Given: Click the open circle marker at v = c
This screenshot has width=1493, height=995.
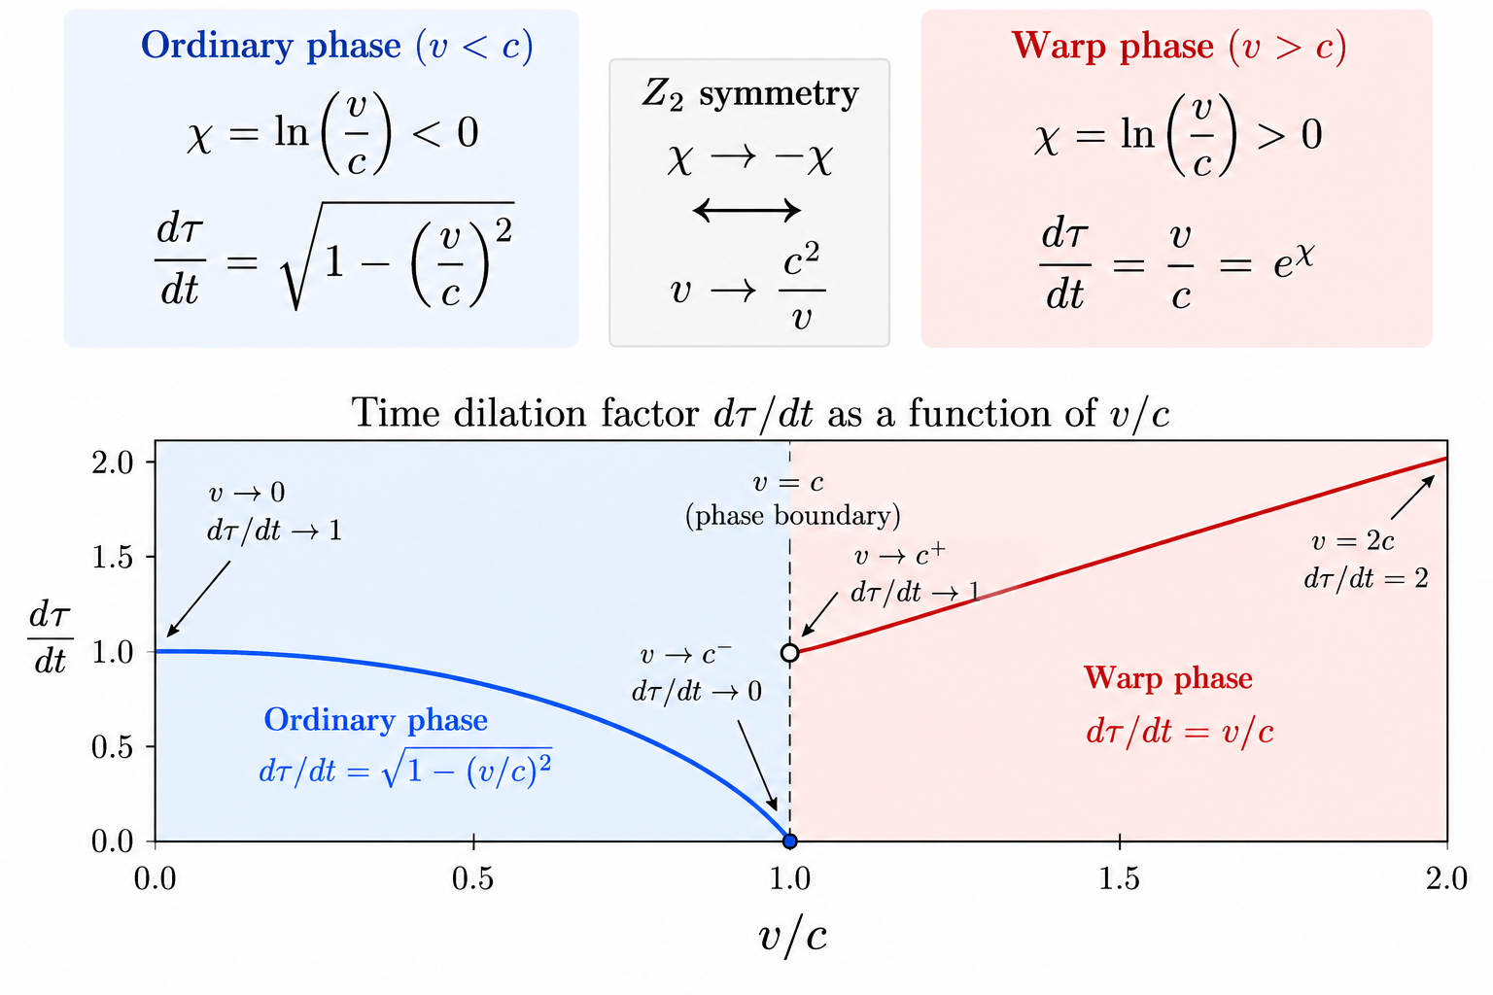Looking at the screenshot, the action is pyautogui.click(x=790, y=652).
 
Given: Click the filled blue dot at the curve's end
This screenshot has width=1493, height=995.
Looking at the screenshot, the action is pyautogui.click(x=790, y=841).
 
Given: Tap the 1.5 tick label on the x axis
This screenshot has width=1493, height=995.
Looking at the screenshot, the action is pyautogui.click(x=1119, y=878).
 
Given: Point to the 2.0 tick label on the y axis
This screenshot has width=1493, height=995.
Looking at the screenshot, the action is pyautogui.click(x=113, y=462).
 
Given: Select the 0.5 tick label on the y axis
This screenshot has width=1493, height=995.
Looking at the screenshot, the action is pyautogui.click(x=113, y=746).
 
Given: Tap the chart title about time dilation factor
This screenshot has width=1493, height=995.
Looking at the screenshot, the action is pyautogui.click(x=760, y=413).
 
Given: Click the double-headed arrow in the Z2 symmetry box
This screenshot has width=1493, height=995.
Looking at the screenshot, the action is pyautogui.click(x=746, y=211).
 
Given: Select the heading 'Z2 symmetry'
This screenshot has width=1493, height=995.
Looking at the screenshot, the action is pyautogui.click(x=749, y=94).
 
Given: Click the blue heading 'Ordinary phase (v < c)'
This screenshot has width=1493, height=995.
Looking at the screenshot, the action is pyautogui.click(x=337, y=46).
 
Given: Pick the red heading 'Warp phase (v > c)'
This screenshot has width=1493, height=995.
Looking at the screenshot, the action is pyautogui.click(x=1178, y=46).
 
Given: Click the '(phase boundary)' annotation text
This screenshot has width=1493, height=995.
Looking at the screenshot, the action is pyautogui.click(x=792, y=516).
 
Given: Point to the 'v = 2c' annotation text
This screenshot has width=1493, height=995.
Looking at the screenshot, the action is pyautogui.click(x=1352, y=541).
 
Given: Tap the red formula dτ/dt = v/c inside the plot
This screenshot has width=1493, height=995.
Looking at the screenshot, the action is pyautogui.click(x=1180, y=732).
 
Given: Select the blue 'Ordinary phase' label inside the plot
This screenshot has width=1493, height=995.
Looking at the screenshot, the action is pyautogui.click(x=376, y=720).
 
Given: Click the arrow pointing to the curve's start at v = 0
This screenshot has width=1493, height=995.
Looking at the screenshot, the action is pyautogui.click(x=198, y=600).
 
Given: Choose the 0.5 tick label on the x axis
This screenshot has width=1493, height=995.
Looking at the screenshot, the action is pyautogui.click(x=472, y=878).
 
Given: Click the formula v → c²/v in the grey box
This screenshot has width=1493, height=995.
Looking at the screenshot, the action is pyautogui.click(x=747, y=288).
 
